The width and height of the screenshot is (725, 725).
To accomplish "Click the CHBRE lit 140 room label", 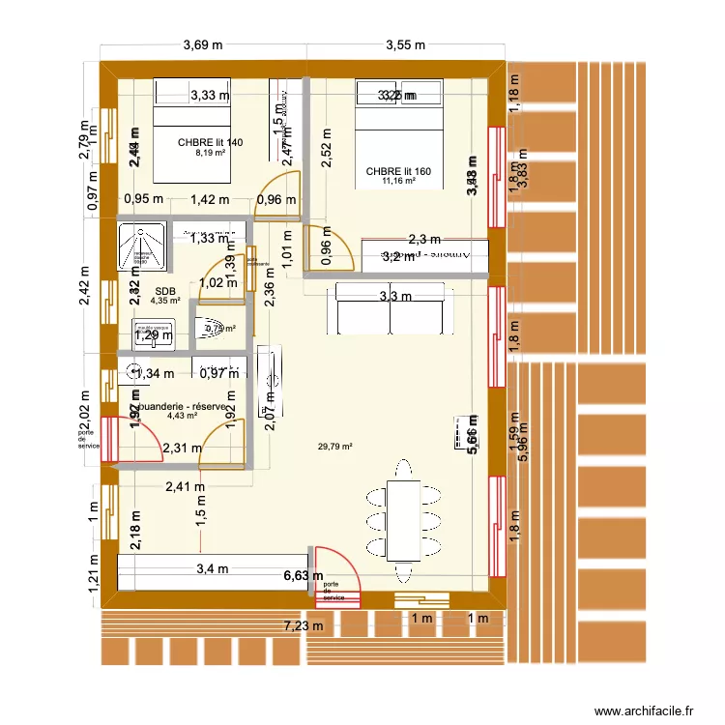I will coord(211,142).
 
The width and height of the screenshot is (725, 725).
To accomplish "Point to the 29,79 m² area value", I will coord(334,447).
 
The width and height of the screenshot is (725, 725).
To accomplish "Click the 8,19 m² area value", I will coord(211,153).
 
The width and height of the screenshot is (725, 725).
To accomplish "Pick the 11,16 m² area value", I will coord(398,181).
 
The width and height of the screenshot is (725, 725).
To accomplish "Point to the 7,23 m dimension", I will coord(302,626).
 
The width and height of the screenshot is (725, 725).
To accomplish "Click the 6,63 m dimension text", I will coord(303,577).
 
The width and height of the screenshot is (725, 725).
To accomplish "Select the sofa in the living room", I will coord(391,307).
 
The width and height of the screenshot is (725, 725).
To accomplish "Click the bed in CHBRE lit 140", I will coord(193,135).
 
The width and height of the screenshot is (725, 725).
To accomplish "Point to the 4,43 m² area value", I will coord(182,418).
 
